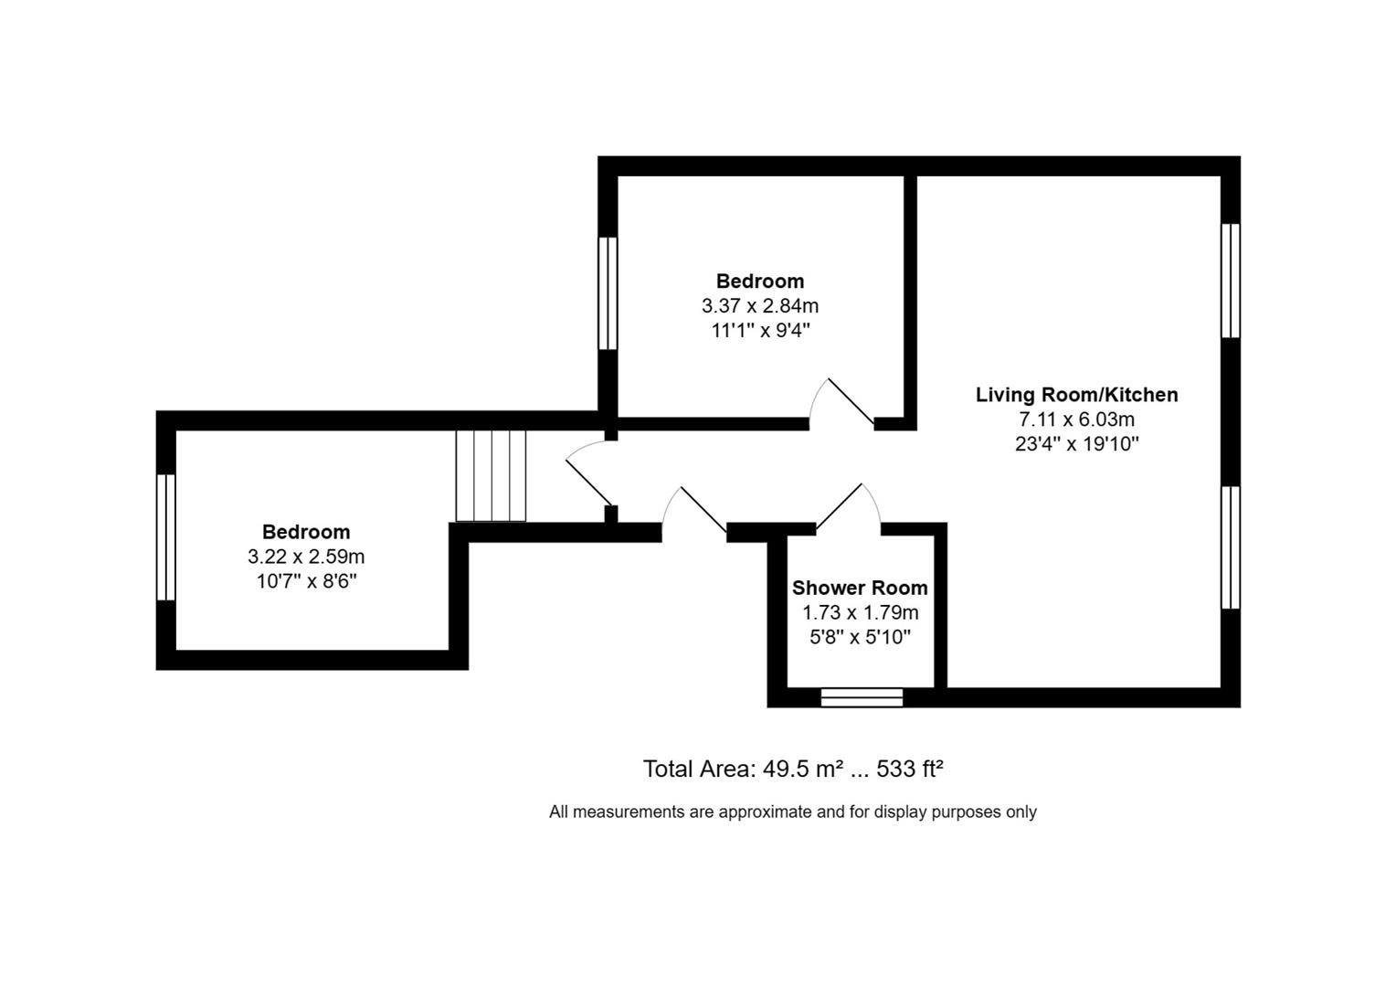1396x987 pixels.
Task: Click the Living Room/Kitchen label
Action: (x=1076, y=395)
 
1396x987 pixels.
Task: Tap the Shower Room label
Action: (x=860, y=588)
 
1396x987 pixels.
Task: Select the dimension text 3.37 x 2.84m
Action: (x=760, y=305)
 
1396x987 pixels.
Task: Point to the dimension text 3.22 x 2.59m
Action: (x=306, y=557)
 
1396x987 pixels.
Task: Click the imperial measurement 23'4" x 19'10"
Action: (x=1076, y=444)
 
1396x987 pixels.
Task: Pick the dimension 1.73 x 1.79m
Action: (x=860, y=612)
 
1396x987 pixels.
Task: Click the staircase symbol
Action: (x=492, y=475)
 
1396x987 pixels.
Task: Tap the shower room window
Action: (x=862, y=697)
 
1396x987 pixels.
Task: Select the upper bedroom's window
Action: (x=608, y=293)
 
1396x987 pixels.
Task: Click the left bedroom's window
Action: (x=165, y=536)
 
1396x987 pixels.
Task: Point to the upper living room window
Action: (x=1231, y=281)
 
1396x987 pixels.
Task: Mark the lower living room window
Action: (x=1231, y=547)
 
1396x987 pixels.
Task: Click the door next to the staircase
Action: (x=588, y=479)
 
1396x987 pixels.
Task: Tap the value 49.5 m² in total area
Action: (x=802, y=769)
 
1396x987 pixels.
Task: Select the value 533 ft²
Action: (x=909, y=769)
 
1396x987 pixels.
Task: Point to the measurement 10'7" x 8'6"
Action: (x=306, y=581)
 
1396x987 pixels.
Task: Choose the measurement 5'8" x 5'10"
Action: (x=860, y=637)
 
